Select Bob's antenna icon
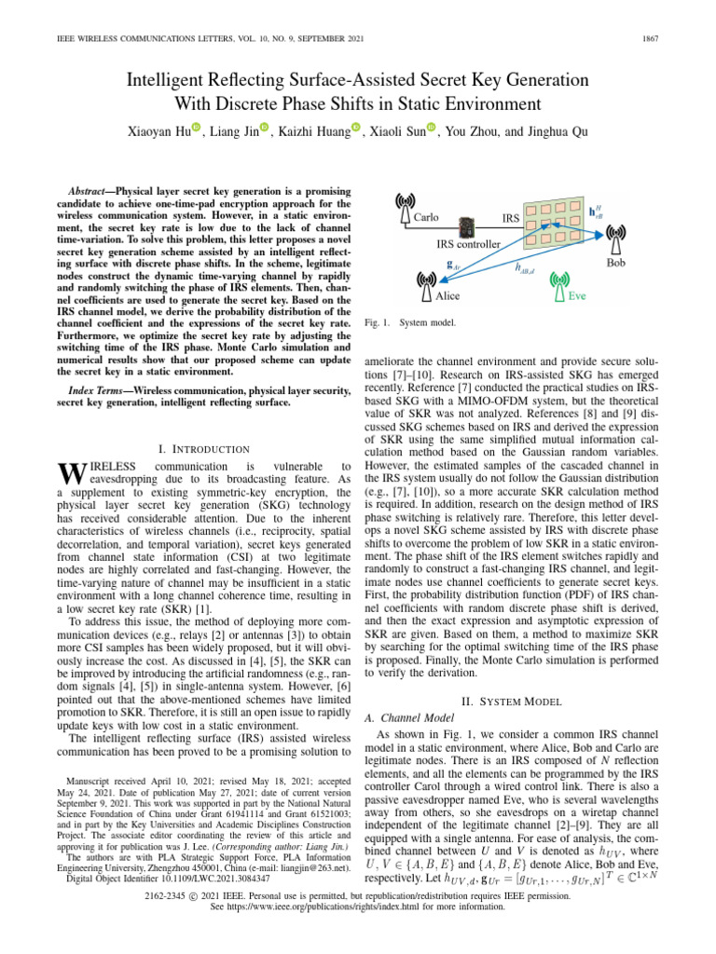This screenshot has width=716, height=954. point(616,245)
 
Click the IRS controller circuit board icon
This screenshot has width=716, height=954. point(465,225)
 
